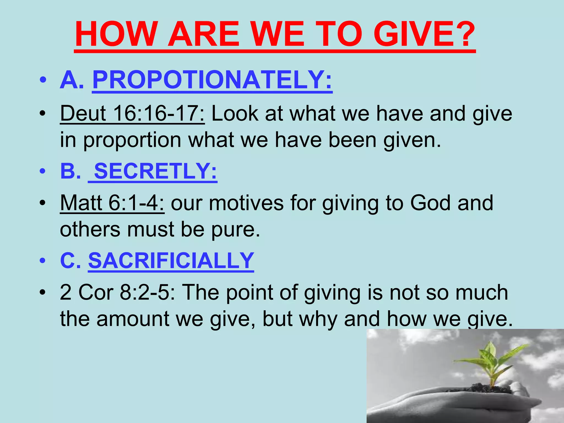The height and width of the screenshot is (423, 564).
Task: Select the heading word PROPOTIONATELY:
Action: tap(212, 80)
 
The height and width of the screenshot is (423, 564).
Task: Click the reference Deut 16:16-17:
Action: tap(132, 113)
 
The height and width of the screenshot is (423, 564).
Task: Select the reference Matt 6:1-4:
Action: tap(112, 203)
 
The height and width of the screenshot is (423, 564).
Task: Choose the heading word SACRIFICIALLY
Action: tap(171, 261)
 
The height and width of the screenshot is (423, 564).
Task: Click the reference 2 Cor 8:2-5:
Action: tap(117, 292)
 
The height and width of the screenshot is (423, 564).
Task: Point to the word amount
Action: tap(133, 319)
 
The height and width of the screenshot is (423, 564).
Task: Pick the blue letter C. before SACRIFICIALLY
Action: tap(70, 261)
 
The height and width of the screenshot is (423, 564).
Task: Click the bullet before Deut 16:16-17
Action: tap(42, 114)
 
